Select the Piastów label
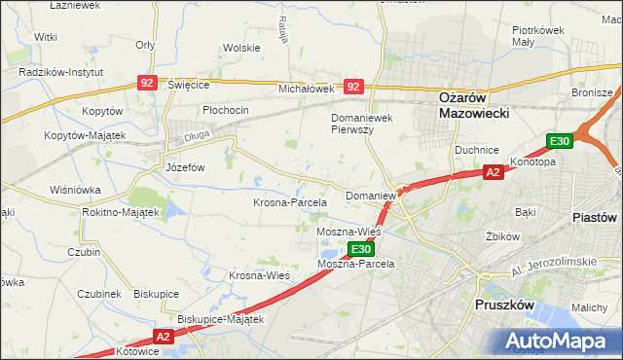tap(596, 217)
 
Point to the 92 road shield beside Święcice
tap(146, 85)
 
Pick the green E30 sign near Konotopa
tap(559, 142)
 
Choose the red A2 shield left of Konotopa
tap(494, 172)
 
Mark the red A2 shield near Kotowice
tap(162, 337)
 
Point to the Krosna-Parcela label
tap(289, 202)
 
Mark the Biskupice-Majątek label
tap(221, 318)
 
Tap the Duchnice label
tap(477, 150)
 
